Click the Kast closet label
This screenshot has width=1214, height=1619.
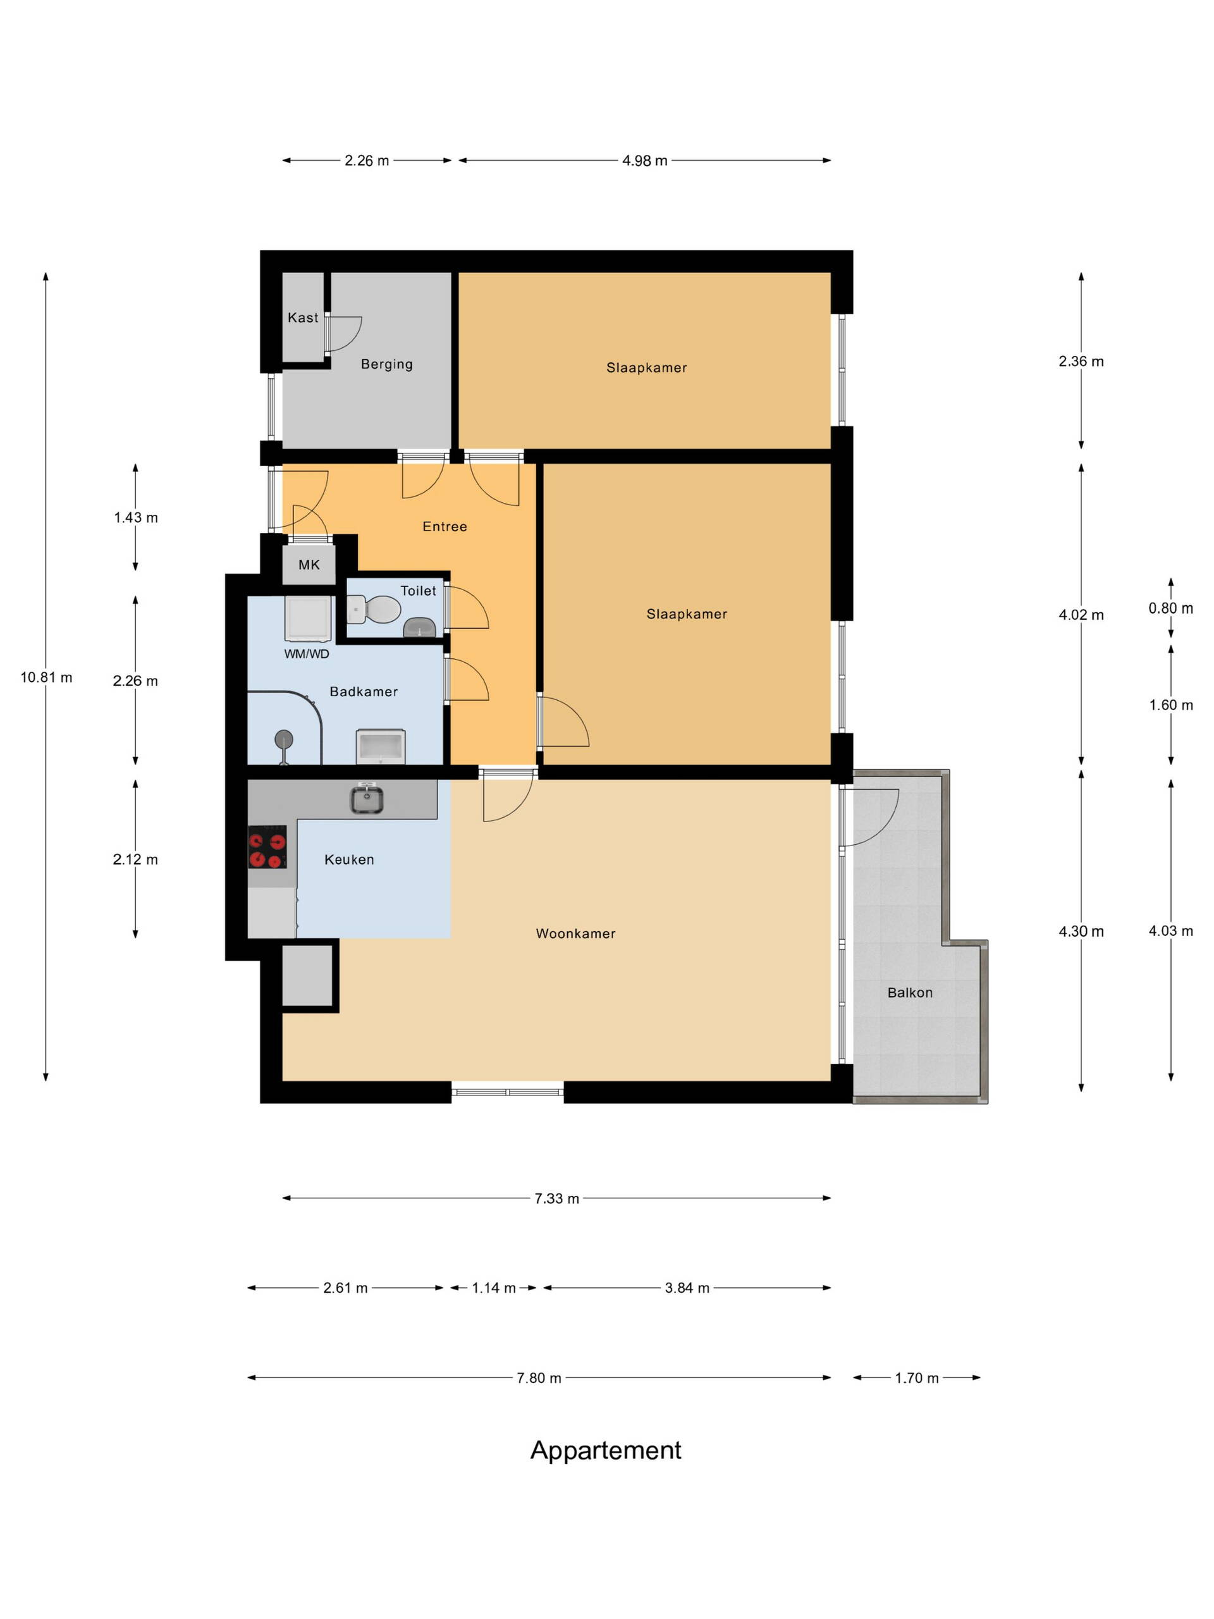pos(303,317)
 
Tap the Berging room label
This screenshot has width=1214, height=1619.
pos(386,364)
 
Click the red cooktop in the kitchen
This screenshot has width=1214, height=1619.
pos(267,847)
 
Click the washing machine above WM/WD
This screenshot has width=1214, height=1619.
pos(308,619)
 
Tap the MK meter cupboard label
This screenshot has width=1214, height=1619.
pos(309,564)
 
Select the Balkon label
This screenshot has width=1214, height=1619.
pos(910,992)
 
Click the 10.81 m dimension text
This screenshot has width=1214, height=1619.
pos(46,678)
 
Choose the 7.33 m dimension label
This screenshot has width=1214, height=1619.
pos(557,1198)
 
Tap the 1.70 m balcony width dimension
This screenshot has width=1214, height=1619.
pos(916,1378)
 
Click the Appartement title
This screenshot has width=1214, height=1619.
pos(606,1450)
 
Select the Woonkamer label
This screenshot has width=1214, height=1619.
pos(576,933)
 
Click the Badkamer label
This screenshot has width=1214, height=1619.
pos(364,692)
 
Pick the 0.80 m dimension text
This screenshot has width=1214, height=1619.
pos(1171,608)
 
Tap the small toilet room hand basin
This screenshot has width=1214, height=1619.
pos(419,627)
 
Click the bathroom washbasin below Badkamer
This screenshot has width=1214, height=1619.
pos(381,746)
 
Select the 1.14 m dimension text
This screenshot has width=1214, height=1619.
pos(494,1288)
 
